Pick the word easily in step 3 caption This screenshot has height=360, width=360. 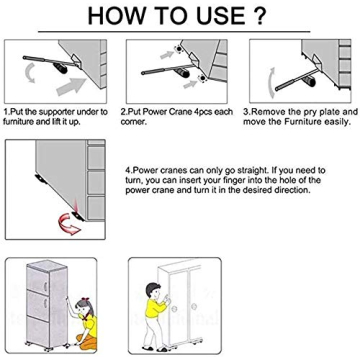tap(332, 120)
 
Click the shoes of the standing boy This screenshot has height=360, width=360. tap(151, 348)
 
